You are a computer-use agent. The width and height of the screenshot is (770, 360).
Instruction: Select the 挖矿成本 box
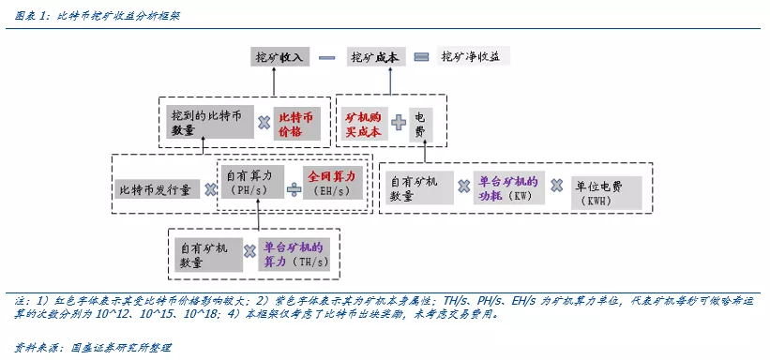(x=375, y=57)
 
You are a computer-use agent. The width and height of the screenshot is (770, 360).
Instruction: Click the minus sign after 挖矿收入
(x=327, y=57)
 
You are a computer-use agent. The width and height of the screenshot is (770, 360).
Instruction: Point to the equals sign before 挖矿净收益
(x=422, y=57)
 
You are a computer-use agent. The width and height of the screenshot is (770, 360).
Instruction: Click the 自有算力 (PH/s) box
(x=249, y=182)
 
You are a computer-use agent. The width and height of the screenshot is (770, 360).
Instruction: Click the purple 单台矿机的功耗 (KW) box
(x=507, y=188)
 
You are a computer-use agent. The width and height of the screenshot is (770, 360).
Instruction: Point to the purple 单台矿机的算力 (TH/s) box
(x=294, y=254)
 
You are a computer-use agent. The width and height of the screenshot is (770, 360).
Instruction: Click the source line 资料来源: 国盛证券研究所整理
(x=96, y=347)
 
